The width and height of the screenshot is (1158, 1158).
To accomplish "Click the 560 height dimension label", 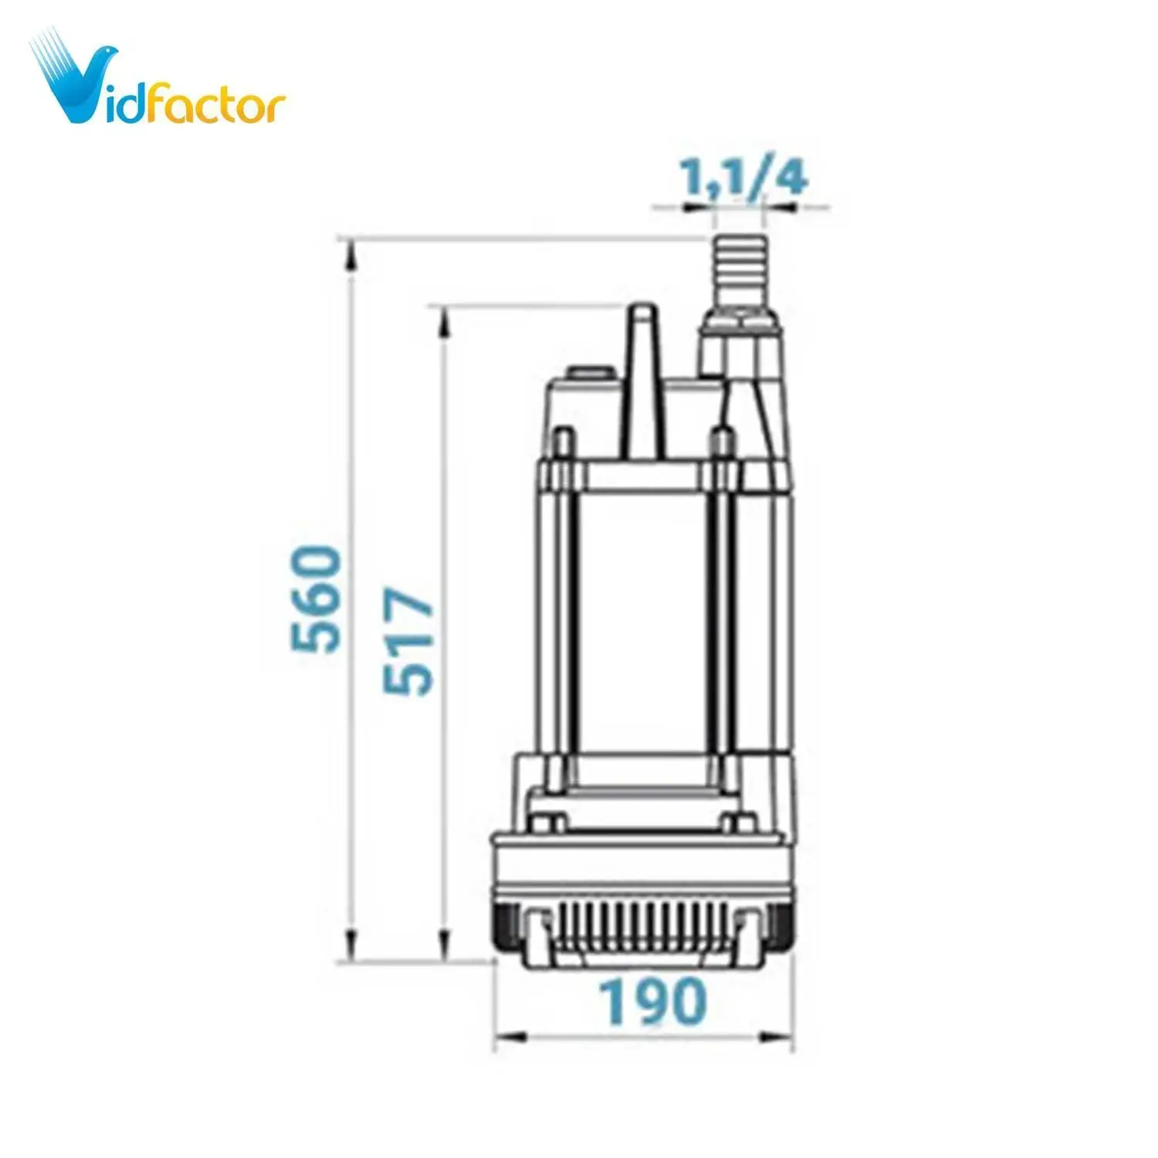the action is point(316,599).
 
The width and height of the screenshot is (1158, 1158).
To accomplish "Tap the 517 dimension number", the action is point(409,642).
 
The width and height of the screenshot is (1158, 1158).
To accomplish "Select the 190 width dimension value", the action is point(653,1001).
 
